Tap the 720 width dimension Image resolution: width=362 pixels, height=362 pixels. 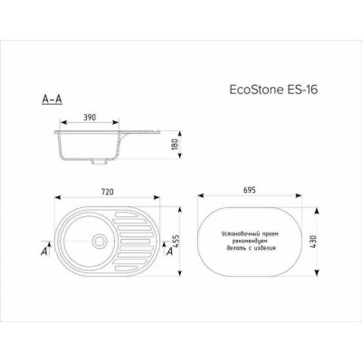point(111,195)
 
